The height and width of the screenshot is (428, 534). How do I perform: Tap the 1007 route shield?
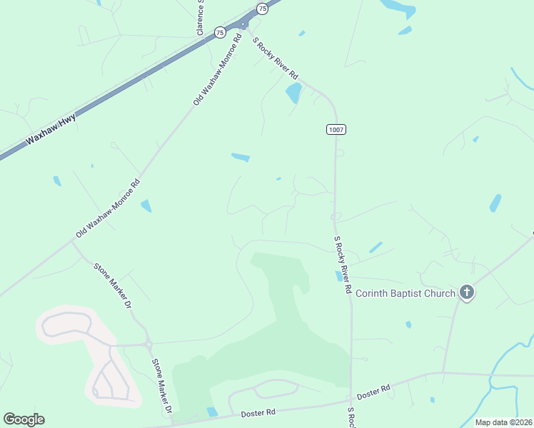pyautogui.click(x=336, y=129)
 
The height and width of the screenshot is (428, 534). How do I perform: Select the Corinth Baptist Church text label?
pyautogui.click(x=405, y=293)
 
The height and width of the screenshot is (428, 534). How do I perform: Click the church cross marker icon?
pyautogui.click(x=467, y=292)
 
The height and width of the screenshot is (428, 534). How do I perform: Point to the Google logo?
pyautogui.click(x=24, y=419)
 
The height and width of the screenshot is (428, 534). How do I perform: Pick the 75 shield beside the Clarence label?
pyautogui.click(x=220, y=32)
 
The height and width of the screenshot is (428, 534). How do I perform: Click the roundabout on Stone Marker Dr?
pyautogui.click(x=148, y=345)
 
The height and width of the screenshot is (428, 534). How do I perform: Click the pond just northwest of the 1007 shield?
pyautogui.click(x=293, y=93)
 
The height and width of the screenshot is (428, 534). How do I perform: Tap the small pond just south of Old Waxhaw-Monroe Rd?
pyautogui.click(x=146, y=205)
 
